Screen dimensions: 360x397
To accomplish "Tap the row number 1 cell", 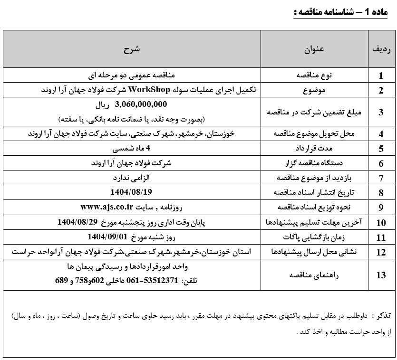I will [x=381, y=76].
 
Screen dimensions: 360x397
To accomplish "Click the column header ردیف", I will [x=381, y=49].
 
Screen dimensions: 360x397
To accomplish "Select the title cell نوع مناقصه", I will [x=314, y=76].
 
